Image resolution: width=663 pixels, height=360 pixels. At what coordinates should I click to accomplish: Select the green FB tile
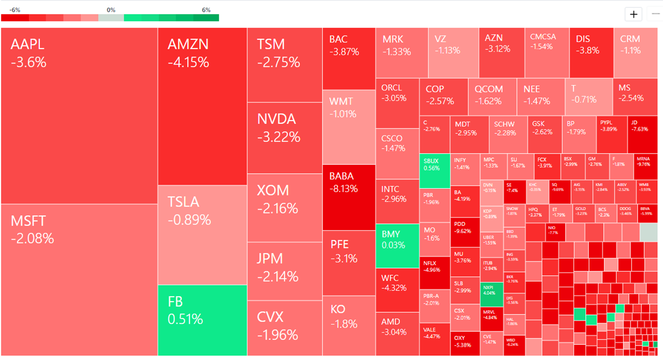[x=202, y=320]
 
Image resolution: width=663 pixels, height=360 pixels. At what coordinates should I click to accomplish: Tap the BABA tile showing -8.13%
[x=349, y=197]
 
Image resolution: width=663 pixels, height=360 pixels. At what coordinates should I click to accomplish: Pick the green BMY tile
[x=397, y=246]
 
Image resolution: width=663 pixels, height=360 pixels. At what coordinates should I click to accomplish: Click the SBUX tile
[x=434, y=171]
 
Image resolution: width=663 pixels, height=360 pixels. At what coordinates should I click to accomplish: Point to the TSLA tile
[x=202, y=235]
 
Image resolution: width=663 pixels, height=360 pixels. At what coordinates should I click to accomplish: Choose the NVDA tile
[x=284, y=138]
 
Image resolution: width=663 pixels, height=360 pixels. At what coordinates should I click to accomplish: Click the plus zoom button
[x=633, y=14]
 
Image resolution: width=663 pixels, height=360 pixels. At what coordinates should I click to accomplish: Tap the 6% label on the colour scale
[x=206, y=10]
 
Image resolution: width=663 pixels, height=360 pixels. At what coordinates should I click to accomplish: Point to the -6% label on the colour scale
[x=15, y=10]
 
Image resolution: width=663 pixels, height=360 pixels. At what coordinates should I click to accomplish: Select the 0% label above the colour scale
[x=111, y=10]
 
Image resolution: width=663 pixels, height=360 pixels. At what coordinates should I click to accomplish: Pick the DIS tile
[x=591, y=52]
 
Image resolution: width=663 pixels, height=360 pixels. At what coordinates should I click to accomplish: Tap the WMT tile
[x=349, y=127]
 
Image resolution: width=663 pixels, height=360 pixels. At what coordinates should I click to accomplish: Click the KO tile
[x=349, y=325]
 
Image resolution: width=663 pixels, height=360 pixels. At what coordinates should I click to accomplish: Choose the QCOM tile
[x=492, y=97]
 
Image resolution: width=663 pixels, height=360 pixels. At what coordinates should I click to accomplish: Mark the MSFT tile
[x=79, y=280]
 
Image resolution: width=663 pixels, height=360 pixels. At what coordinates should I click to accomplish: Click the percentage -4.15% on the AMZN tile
[x=188, y=62]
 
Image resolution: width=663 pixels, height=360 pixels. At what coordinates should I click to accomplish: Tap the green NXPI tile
[x=492, y=294]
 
